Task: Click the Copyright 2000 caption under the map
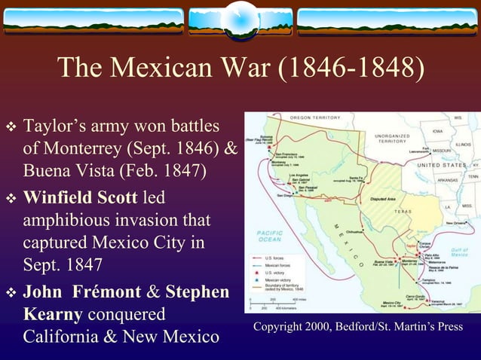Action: (x=358, y=327)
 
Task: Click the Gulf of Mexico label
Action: (x=460, y=252)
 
